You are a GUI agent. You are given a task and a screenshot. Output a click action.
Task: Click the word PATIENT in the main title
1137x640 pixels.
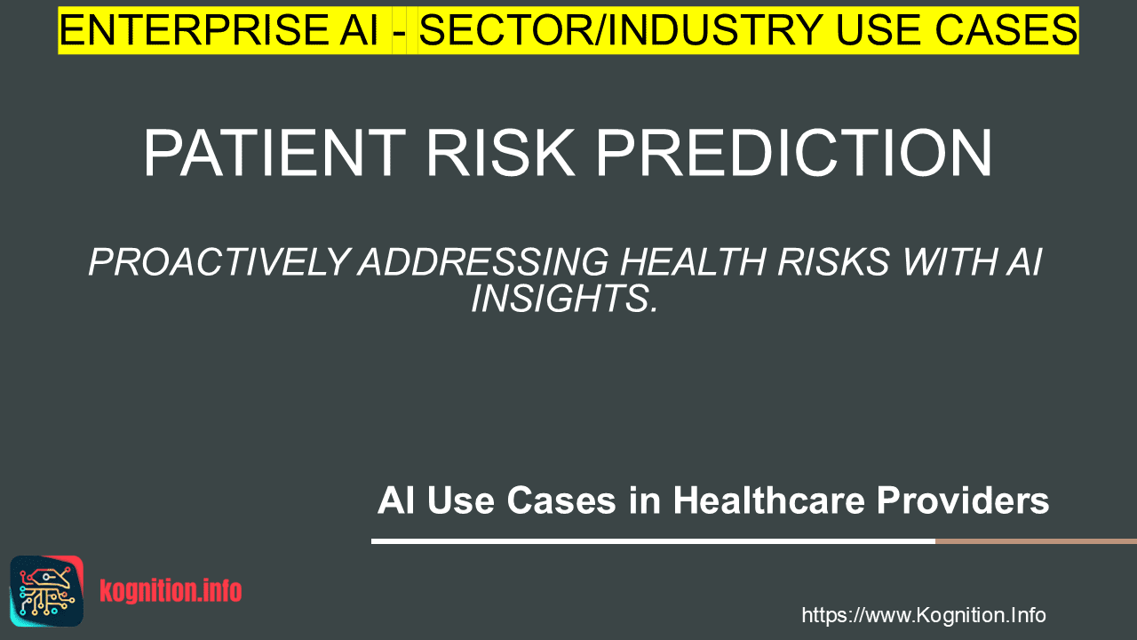(x=274, y=152)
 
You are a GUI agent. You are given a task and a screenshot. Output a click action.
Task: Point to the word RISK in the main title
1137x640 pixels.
(x=500, y=152)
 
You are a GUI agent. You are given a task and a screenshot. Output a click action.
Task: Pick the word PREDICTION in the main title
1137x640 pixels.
(x=793, y=152)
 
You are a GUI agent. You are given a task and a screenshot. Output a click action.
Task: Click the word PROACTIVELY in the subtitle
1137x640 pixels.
(x=219, y=262)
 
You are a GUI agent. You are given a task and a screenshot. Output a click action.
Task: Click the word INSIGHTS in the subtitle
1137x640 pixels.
(x=564, y=298)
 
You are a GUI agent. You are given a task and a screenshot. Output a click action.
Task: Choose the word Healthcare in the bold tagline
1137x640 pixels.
(x=768, y=500)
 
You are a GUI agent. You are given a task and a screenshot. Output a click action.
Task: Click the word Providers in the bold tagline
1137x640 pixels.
(x=962, y=501)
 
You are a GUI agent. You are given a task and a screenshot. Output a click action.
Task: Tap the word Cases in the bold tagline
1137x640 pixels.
(x=561, y=500)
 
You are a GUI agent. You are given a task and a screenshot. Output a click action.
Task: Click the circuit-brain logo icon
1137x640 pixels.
(x=47, y=591)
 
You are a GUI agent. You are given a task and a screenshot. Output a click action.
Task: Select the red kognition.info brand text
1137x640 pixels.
(x=171, y=591)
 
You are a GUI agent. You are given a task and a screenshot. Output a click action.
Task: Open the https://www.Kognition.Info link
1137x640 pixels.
(x=923, y=615)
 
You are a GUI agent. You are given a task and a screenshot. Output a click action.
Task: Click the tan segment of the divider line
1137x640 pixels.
(x=1036, y=541)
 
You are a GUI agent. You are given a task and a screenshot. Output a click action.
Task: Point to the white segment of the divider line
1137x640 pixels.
(x=653, y=541)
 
